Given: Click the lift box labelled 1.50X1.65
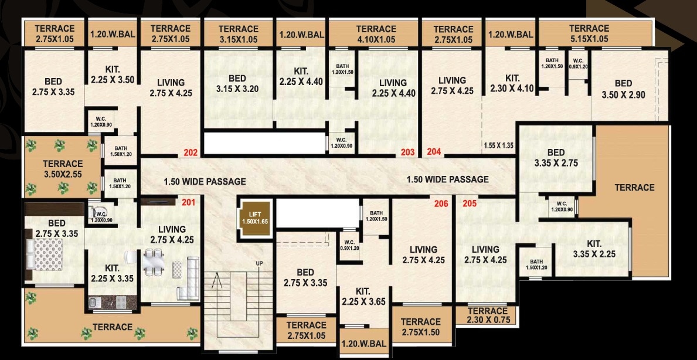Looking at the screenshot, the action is [255, 218].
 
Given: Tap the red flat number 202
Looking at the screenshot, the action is [191, 152].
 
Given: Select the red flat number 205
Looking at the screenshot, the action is [470, 204].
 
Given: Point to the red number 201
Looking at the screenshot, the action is [189, 203].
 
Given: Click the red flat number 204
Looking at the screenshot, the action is [434, 151].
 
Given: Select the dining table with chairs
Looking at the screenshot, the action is [154, 261].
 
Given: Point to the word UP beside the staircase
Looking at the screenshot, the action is [259, 264].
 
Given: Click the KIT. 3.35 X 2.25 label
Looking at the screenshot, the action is [594, 249].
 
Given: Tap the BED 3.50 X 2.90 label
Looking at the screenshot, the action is [623, 89].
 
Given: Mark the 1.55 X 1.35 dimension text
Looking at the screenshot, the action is [498, 145].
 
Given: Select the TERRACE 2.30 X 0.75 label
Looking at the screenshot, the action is [488, 315].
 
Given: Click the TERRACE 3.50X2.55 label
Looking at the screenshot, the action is [63, 169].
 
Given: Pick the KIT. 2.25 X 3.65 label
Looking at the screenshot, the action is [363, 297].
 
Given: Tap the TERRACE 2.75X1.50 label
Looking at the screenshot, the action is [420, 327].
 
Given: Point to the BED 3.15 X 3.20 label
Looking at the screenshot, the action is [237, 84].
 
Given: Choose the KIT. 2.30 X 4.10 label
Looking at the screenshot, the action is [512, 83].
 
